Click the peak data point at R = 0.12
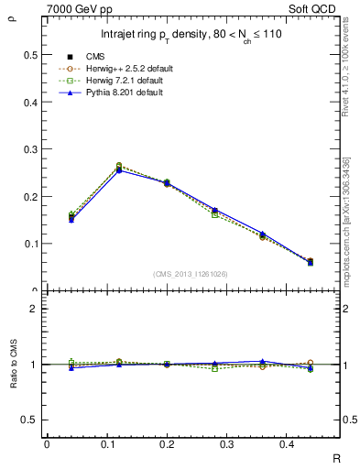tap(119, 168)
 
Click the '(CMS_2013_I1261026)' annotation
tap(191, 273)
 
